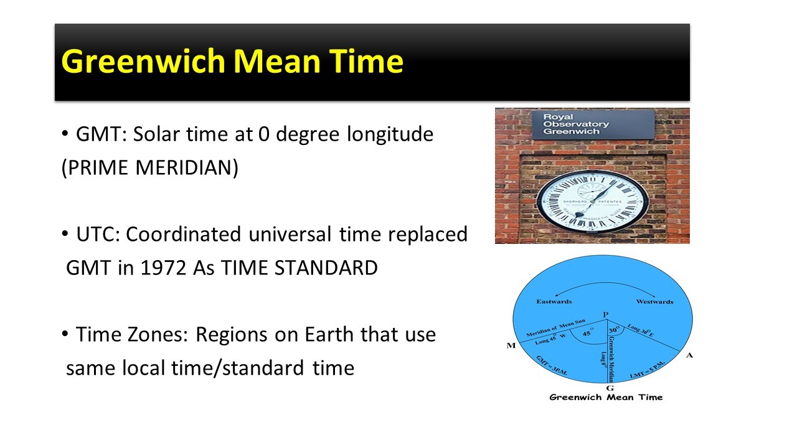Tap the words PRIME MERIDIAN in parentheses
tap(149, 169)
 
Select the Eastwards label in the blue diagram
tap(554, 302)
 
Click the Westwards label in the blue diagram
tap(654, 302)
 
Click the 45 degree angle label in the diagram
tap(587, 334)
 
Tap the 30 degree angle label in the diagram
tap(614, 330)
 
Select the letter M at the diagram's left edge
tap(511, 346)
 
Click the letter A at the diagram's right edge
tap(689, 355)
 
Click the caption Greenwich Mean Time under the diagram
tap(605, 397)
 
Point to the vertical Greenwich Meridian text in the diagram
tap(612, 358)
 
